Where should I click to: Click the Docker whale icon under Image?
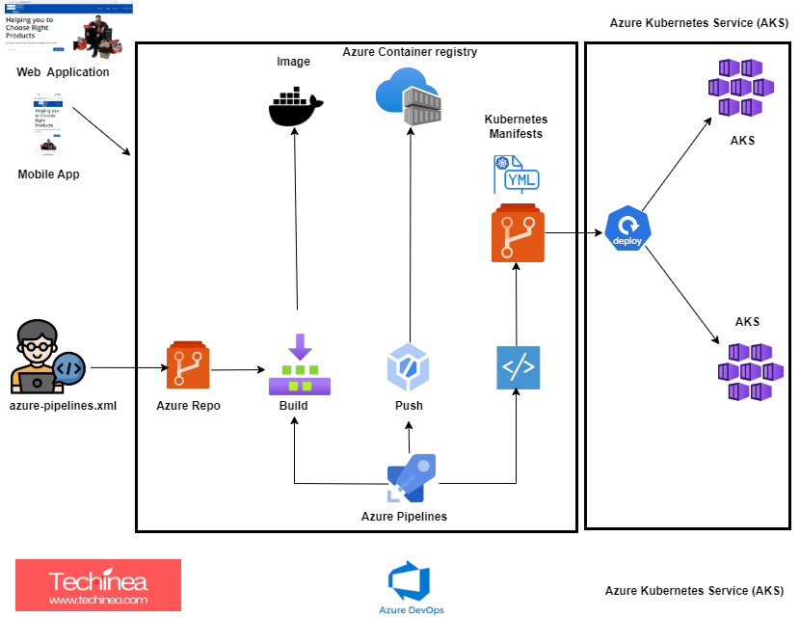pyautogui.click(x=296, y=106)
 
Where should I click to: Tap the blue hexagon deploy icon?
pyautogui.click(x=628, y=228)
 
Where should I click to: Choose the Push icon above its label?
pyautogui.click(x=408, y=366)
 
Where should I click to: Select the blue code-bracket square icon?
pyautogui.click(x=518, y=367)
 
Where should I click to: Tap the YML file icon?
pyautogui.click(x=517, y=175)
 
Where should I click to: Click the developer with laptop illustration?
pyautogui.click(x=47, y=357)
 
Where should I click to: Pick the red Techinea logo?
pyautogui.click(x=98, y=585)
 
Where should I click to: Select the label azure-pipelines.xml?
pyautogui.click(x=63, y=405)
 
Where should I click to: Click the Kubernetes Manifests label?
pyautogui.click(x=516, y=125)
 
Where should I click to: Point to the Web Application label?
pyautogui.click(x=63, y=72)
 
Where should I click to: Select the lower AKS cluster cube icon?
pyautogui.click(x=749, y=371)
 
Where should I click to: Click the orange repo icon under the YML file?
pyautogui.click(x=518, y=233)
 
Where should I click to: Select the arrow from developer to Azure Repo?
pyautogui.click(x=125, y=367)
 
